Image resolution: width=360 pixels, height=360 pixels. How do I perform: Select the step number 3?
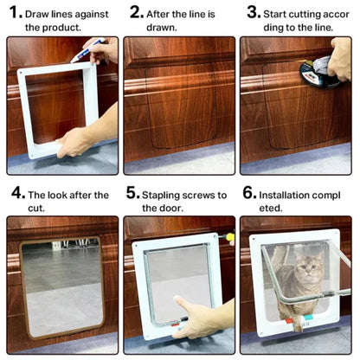tap(253, 12)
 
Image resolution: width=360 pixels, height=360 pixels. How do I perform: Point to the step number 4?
tap(16, 194)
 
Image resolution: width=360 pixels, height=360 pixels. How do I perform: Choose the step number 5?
tap(132, 194)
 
